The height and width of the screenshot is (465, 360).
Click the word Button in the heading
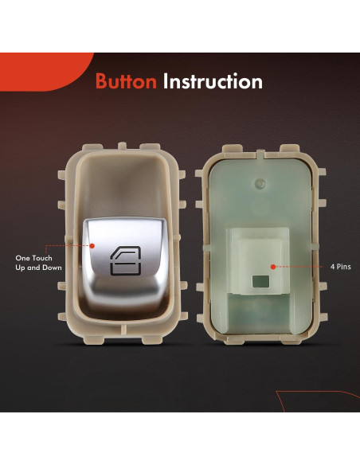126,81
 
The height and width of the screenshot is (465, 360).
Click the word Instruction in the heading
213,81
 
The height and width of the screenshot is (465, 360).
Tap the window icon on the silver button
126,260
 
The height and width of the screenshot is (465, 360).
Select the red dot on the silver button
92,246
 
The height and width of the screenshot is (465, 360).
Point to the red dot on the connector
273,267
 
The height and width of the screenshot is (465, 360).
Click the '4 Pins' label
341,267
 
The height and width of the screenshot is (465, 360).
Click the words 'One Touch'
33,258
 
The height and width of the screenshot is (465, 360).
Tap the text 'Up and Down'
38,268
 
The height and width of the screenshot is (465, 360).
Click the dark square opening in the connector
260,281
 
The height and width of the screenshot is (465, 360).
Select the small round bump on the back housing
260,184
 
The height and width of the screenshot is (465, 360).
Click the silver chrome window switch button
125,261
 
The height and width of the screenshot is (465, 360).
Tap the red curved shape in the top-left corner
45,71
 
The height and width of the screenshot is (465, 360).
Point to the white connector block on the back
258,261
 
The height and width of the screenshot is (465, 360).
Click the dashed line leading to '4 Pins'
299,267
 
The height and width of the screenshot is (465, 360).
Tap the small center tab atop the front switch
122,146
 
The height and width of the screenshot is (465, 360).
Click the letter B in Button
101,81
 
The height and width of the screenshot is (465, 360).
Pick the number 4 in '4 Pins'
332,267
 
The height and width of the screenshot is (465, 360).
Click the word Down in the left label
53,268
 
